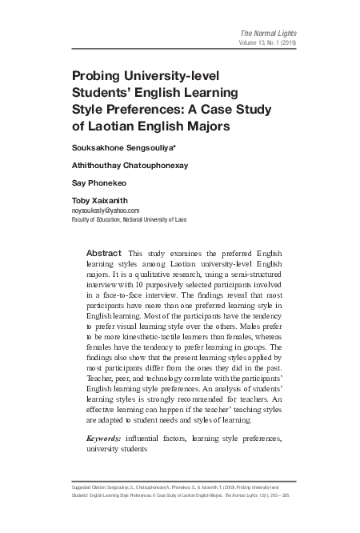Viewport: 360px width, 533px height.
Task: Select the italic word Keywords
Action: [105, 439]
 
